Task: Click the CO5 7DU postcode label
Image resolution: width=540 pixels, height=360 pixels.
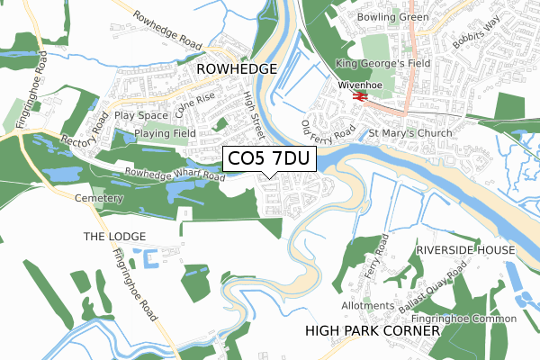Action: [269, 159]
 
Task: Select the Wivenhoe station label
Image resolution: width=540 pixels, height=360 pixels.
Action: [360, 85]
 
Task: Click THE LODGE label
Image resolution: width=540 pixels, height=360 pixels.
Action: [114, 236]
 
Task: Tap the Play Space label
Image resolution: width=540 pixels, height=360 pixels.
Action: [141, 115]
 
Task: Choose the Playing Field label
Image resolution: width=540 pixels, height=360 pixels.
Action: [165, 133]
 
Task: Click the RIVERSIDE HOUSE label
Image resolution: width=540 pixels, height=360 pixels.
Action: [465, 249]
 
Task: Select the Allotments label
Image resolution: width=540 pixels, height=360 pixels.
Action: [368, 305]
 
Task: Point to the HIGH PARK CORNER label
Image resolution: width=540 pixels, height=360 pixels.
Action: [373, 331]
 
